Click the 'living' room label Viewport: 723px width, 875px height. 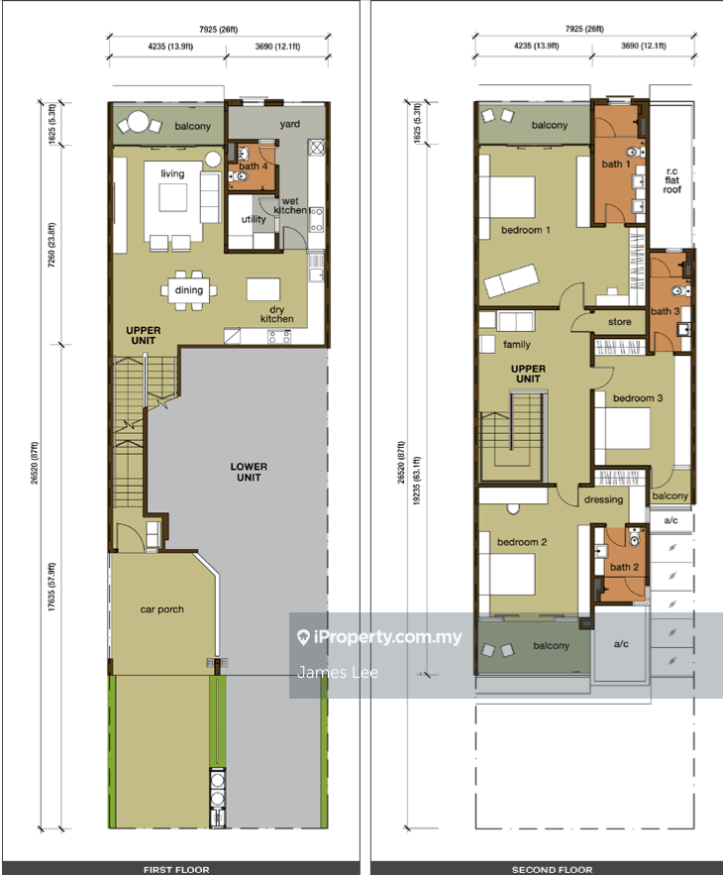(x=172, y=174)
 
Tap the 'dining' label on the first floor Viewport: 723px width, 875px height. (x=188, y=290)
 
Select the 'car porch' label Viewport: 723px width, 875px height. (x=161, y=609)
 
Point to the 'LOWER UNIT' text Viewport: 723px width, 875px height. (x=249, y=472)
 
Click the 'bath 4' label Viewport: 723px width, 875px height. (x=254, y=166)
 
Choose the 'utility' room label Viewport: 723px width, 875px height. (x=254, y=219)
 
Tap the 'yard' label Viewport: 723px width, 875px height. (x=290, y=124)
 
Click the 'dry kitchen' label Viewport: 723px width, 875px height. (x=276, y=314)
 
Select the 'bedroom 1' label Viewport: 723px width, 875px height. (x=526, y=230)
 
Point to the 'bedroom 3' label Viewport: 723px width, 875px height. (x=638, y=398)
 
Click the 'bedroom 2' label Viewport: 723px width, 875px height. (x=522, y=542)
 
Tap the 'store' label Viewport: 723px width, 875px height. (x=619, y=322)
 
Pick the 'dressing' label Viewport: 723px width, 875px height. (x=603, y=500)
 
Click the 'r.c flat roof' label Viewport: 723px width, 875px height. (x=671, y=180)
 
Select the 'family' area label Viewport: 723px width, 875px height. (x=517, y=345)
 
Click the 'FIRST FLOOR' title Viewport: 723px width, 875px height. (x=176, y=869)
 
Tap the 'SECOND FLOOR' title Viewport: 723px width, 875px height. (x=553, y=869)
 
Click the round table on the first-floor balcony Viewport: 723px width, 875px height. (x=138, y=122)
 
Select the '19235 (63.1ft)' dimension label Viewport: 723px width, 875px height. (x=417, y=481)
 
